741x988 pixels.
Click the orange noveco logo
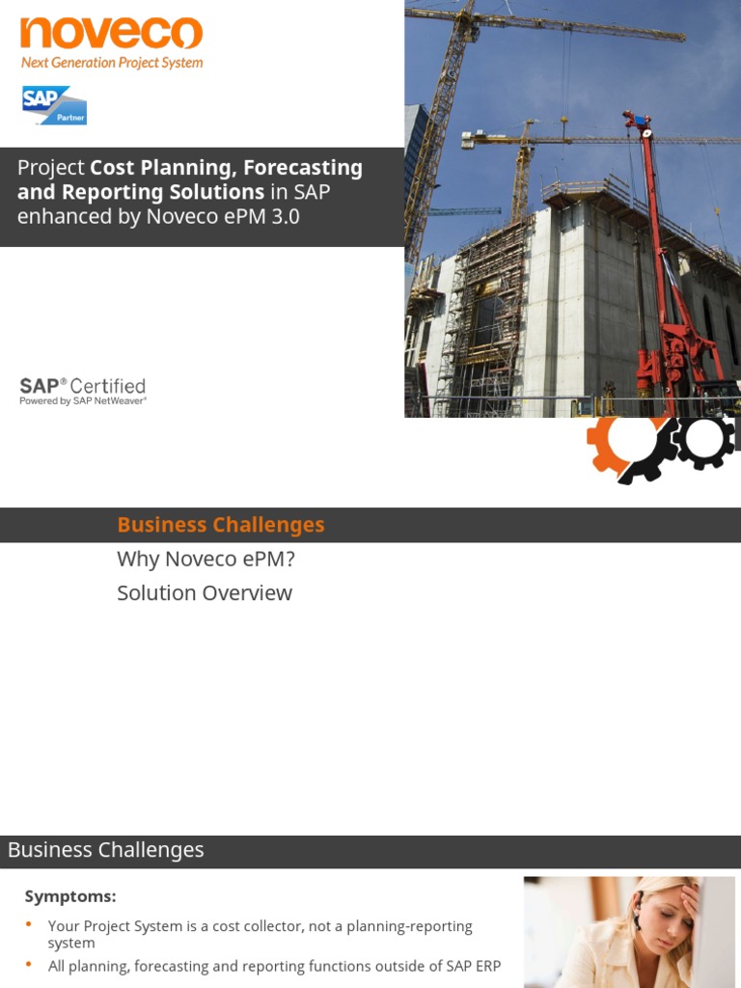[111, 33]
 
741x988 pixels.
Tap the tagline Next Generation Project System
[112, 63]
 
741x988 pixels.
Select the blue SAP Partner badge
[55, 105]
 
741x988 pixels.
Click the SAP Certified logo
[83, 386]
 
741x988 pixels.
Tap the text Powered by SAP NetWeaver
[83, 401]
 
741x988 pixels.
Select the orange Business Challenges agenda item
[220, 525]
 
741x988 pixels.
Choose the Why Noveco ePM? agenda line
[206, 560]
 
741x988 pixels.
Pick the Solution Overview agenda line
[205, 593]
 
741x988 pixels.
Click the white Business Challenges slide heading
[106, 850]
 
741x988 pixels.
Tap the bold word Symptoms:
[70, 896]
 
